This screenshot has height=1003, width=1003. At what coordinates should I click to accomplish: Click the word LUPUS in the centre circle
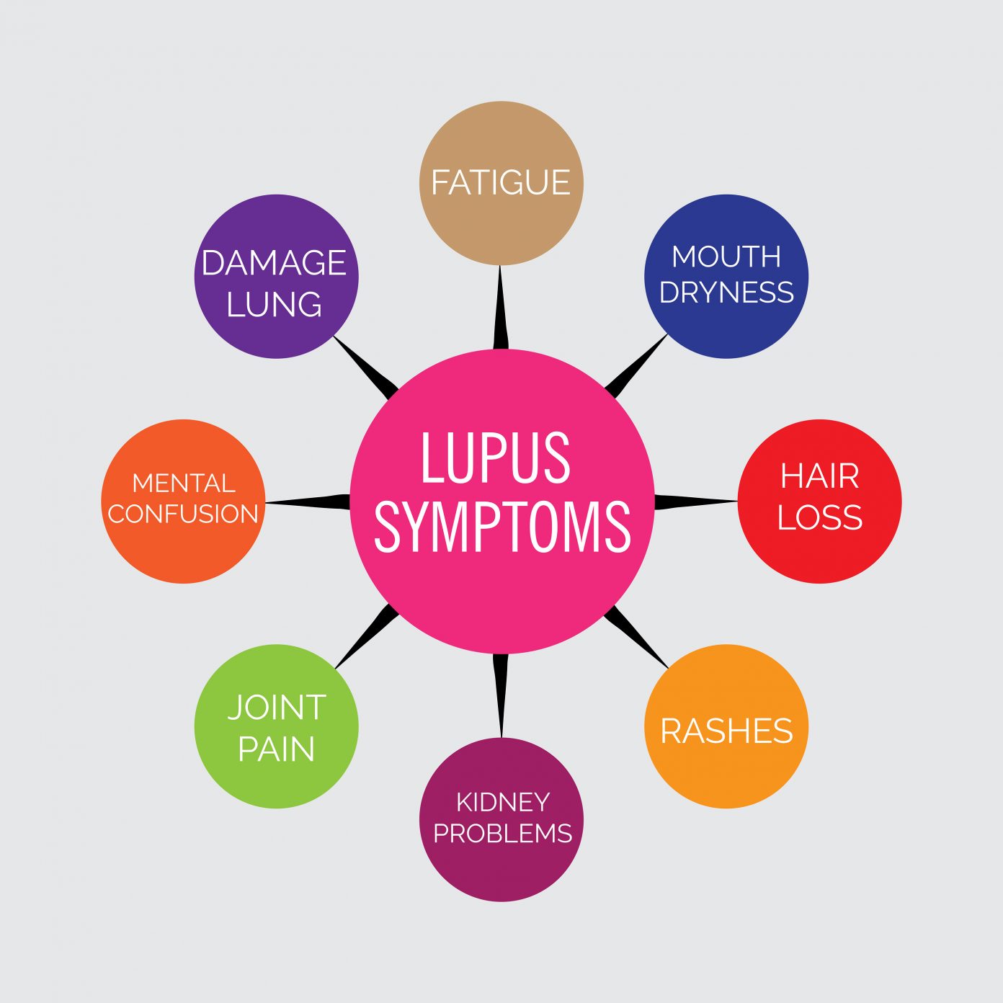pyautogui.click(x=496, y=458)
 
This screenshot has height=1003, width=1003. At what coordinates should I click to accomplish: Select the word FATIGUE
pyautogui.click(x=501, y=182)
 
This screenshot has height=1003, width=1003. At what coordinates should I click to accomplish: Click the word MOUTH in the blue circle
pyautogui.click(x=726, y=257)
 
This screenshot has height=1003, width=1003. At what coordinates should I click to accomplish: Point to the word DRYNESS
pyautogui.click(x=726, y=293)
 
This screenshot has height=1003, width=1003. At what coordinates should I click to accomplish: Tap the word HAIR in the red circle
pyautogui.click(x=820, y=476)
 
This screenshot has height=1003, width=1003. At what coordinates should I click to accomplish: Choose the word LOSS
pyautogui.click(x=820, y=517)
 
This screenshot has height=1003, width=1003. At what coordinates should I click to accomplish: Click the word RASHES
pyautogui.click(x=726, y=731)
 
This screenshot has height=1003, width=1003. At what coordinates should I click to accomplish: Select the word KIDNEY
pyautogui.click(x=503, y=801)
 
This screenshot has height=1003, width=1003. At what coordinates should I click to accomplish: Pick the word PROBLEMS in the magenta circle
pyautogui.click(x=502, y=833)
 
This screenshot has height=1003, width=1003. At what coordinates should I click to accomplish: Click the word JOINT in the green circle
pyautogui.click(x=277, y=708)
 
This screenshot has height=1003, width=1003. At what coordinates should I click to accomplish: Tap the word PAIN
pyautogui.click(x=277, y=749)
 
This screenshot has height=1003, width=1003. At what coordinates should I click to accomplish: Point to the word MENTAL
pyautogui.click(x=184, y=483)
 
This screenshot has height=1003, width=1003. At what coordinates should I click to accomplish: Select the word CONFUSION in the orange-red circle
pyautogui.click(x=183, y=514)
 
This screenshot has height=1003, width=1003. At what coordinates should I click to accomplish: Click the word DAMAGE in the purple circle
pyautogui.click(x=274, y=263)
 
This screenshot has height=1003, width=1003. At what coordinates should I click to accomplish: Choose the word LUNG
pyautogui.click(x=274, y=304)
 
